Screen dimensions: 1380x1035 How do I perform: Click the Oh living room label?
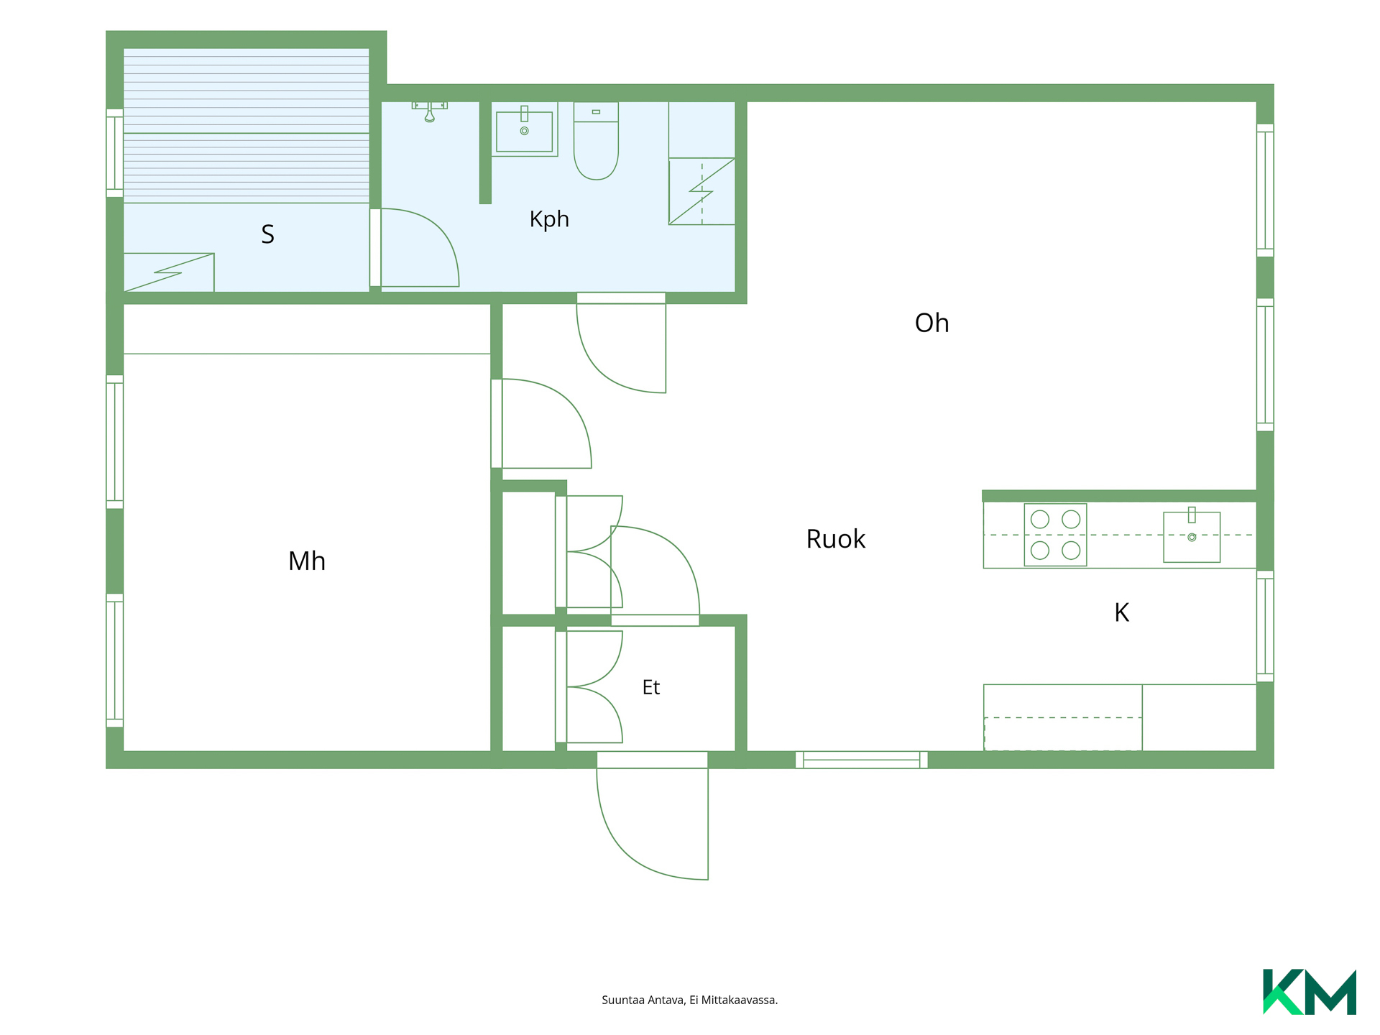coord(931,323)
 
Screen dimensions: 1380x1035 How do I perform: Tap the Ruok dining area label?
coord(835,539)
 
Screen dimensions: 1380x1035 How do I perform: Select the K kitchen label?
coord(1121,612)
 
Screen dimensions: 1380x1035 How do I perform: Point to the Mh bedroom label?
coord(307,561)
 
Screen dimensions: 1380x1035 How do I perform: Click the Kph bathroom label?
coord(549,219)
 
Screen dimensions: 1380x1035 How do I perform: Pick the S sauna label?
coord(267,234)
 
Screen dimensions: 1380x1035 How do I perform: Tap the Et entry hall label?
coord(650,687)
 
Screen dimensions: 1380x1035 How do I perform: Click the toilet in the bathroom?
coord(596,141)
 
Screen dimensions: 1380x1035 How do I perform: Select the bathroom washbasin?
coord(525,129)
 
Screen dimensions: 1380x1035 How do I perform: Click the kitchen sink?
coord(1192,536)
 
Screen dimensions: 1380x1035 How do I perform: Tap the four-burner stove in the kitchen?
coord(1055,535)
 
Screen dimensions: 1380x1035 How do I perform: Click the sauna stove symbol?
coord(169,272)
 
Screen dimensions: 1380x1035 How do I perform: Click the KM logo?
coord(1309,992)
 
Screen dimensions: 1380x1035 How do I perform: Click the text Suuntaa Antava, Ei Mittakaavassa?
coord(689,1000)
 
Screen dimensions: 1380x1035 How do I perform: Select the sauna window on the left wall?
coord(114,153)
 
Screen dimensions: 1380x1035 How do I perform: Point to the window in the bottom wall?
coord(861,760)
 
